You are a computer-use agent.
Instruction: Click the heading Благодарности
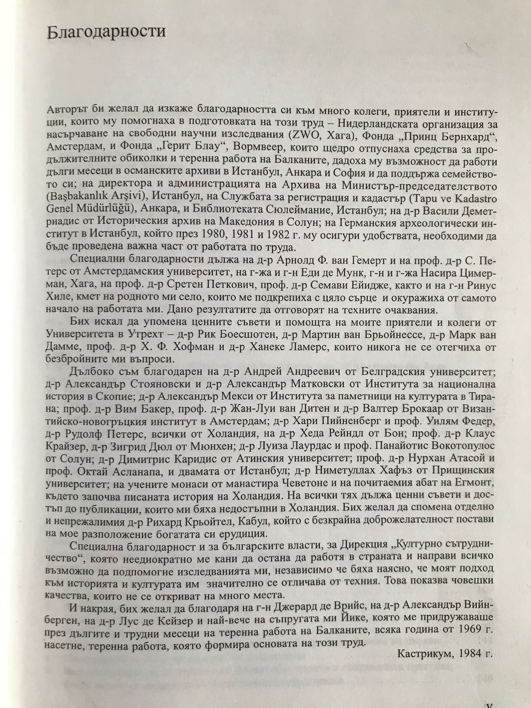click(x=106, y=32)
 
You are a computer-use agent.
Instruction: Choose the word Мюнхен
click(x=216, y=446)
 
